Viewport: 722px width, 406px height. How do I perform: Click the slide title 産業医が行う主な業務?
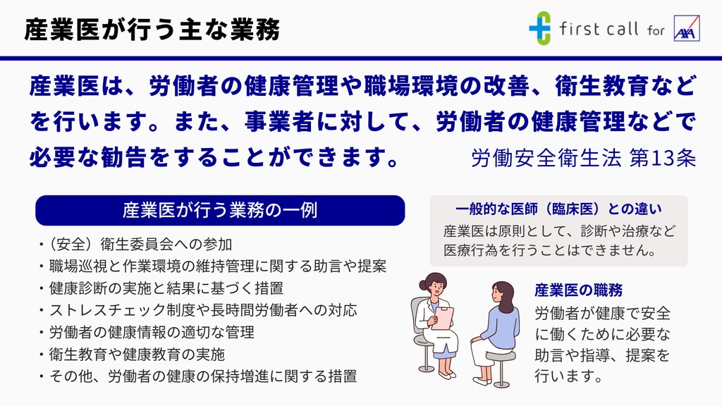(152, 30)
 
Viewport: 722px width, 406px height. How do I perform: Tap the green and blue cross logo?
(539, 28)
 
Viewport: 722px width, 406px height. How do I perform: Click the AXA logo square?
(687, 28)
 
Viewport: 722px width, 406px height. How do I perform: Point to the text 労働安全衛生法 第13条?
(583, 158)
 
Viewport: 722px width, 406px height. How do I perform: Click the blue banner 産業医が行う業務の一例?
(220, 210)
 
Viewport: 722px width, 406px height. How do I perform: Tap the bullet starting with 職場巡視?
(213, 266)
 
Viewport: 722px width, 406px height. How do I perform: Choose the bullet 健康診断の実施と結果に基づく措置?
(161, 288)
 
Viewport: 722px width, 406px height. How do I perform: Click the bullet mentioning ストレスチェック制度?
(198, 310)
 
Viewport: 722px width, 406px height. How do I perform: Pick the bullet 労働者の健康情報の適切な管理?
(147, 333)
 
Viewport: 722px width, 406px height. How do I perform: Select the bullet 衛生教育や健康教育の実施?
(132, 355)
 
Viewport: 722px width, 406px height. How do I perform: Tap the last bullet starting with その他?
(198, 376)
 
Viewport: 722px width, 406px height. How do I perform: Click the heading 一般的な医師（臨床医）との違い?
(558, 209)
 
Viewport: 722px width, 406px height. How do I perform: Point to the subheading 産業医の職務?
(578, 290)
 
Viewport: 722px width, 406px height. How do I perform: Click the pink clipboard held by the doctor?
(443, 319)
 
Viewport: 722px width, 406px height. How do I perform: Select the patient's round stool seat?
(501, 356)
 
